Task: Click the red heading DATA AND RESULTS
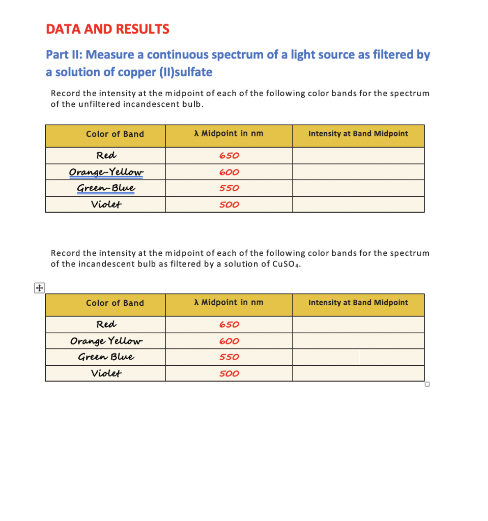pos(107,29)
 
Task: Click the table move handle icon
pos(39,288)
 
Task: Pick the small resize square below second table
pos(427,384)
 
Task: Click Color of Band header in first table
pos(115,134)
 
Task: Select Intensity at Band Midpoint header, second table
pos(358,303)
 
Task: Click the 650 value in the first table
pos(229,156)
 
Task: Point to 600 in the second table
pos(229,341)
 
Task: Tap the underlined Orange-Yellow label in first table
pos(106,172)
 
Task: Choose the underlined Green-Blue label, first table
pos(106,188)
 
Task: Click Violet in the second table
pos(106,373)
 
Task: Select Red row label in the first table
pos(106,156)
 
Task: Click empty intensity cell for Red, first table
pos(358,156)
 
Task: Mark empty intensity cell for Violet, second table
pos(358,373)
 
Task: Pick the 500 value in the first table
pos(229,205)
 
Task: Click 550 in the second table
pos(229,357)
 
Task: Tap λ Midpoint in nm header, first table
pos(228,134)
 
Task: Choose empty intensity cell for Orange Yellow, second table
pos(358,341)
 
